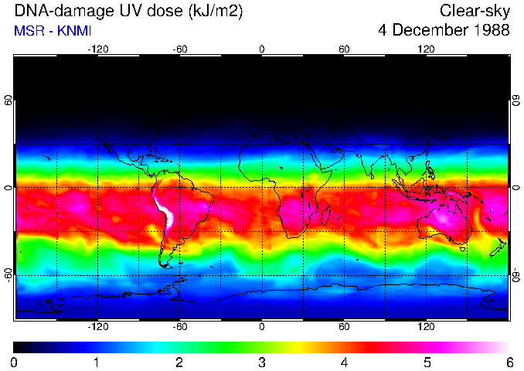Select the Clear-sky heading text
click(475, 11)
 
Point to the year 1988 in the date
click(490, 31)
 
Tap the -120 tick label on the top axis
click(97, 49)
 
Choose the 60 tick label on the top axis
click(344, 49)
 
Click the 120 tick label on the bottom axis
click(426, 327)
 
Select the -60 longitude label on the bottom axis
click(179, 327)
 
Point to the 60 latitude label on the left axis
click(9, 100)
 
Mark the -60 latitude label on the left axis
click(9, 275)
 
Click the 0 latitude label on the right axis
click(515, 188)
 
